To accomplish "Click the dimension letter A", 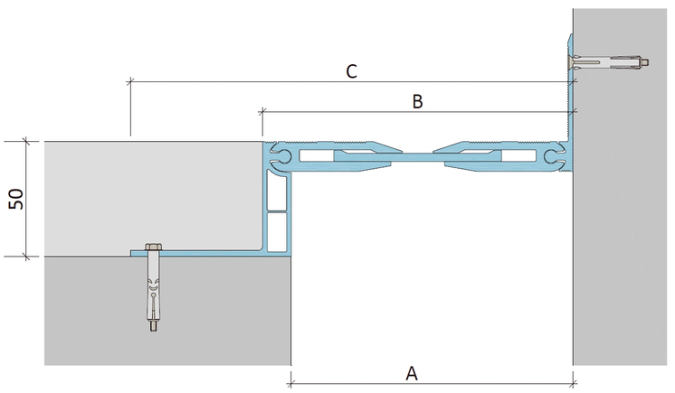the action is click(x=412, y=373).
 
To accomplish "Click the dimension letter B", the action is click(x=417, y=101).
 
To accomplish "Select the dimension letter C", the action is click(x=352, y=71).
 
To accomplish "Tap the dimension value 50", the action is click(x=16, y=199).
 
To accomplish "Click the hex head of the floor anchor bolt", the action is click(x=154, y=248).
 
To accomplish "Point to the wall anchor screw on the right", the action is click(x=608, y=62).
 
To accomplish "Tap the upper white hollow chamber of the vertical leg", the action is click(x=277, y=193).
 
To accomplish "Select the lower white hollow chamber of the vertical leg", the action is click(x=277, y=232).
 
